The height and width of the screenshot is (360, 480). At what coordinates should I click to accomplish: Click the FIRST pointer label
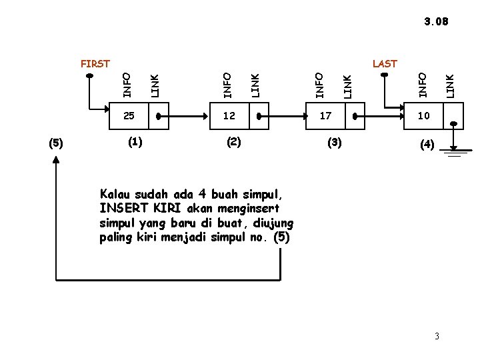pos(95,64)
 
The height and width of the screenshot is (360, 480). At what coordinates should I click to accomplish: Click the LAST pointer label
pos(385,64)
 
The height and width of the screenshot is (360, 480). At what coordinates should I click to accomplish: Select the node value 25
pos(129,115)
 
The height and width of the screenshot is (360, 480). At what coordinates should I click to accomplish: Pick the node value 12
pos(229,115)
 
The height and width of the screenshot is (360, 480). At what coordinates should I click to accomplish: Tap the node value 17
pos(325,115)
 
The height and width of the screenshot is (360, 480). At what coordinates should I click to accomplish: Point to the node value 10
pos(424,115)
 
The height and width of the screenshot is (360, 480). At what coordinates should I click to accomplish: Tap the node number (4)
pos(426,143)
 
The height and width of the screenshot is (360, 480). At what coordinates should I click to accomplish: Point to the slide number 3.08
pos(436,21)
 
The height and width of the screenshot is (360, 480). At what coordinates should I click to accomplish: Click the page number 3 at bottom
pos(437,335)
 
